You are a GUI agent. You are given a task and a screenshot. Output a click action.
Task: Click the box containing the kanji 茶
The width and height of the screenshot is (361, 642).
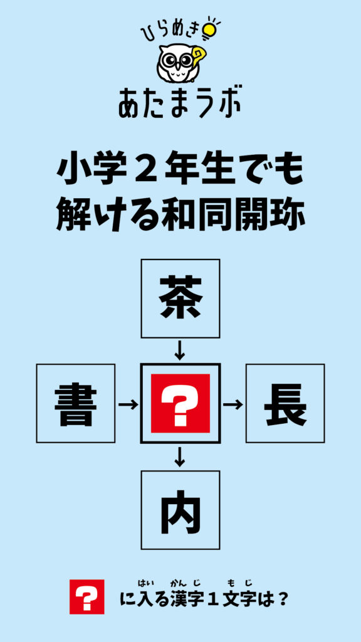180,298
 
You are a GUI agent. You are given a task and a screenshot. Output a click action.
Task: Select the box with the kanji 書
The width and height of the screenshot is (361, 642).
76,403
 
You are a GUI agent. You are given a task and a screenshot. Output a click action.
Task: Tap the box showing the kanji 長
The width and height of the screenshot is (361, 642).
285,403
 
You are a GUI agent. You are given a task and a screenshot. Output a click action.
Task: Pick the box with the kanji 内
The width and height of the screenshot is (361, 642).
180,510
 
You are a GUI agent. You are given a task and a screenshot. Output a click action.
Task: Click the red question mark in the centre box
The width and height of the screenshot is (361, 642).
180,403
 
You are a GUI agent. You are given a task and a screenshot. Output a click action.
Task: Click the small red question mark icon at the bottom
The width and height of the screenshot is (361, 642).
86,597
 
